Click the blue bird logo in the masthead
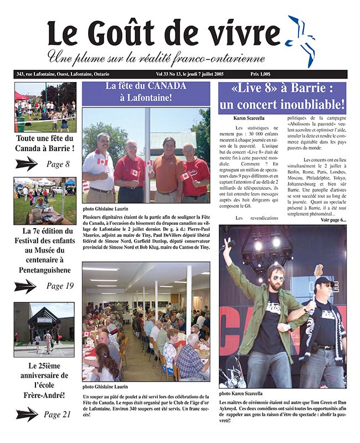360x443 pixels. (x=301, y=39)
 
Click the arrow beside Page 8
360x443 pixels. (x=26, y=163)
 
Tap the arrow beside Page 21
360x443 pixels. (x=26, y=414)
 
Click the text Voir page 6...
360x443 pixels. (x=333, y=220)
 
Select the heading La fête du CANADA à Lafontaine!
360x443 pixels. (x=146, y=92)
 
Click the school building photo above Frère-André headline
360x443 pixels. (x=44, y=329)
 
